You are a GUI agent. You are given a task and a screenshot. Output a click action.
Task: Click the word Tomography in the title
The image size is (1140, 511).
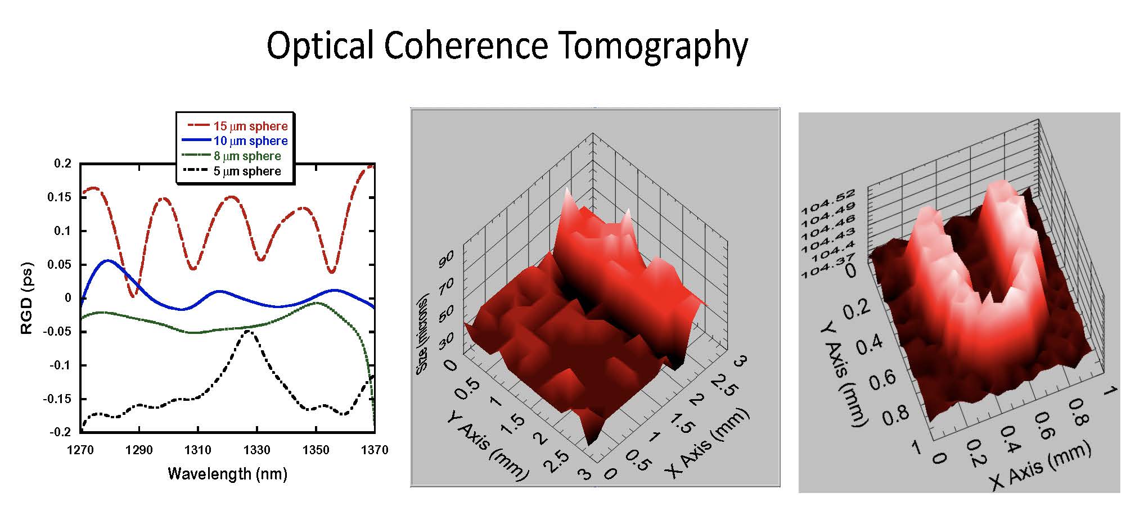pyautogui.click(x=653, y=46)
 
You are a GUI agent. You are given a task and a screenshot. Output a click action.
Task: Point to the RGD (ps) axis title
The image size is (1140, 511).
pyautogui.click(x=26, y=298)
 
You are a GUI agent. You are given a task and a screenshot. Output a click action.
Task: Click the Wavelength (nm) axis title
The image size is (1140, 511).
pyautogui.click(x=227, y=473)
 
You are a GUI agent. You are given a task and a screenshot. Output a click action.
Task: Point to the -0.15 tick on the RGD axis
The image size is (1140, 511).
pyautogui.click(x=58, y=399)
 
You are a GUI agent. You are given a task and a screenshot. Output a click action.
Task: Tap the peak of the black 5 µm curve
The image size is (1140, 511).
pyautogui.click(x=248, y=332)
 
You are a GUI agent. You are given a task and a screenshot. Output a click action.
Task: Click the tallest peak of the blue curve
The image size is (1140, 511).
pyautogui.click(x=107, y=261)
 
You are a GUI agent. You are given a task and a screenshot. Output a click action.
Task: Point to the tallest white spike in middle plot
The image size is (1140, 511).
pyautogui.click(x=567, y=191)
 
